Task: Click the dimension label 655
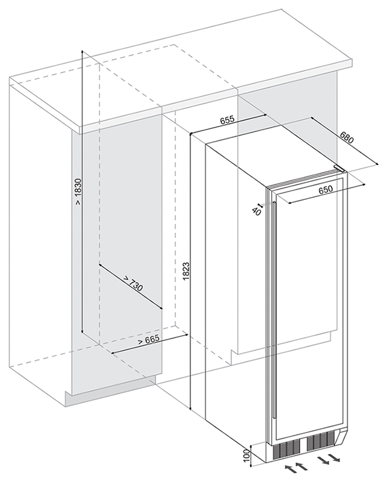click(228, 120)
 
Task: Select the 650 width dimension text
click(325, 190)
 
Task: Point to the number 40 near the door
click(256, 211)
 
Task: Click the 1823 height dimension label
click(186, 271)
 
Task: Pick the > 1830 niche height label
click(78, 192)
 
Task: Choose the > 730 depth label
click(133, 284)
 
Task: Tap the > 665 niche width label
click(149, 340)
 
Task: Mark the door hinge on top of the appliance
click(340, 168)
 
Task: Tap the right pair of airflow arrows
click(329, 459)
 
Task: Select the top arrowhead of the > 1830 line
click(82, 51)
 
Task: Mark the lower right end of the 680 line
click(377, 164)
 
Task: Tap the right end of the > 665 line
click(187, 335)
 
